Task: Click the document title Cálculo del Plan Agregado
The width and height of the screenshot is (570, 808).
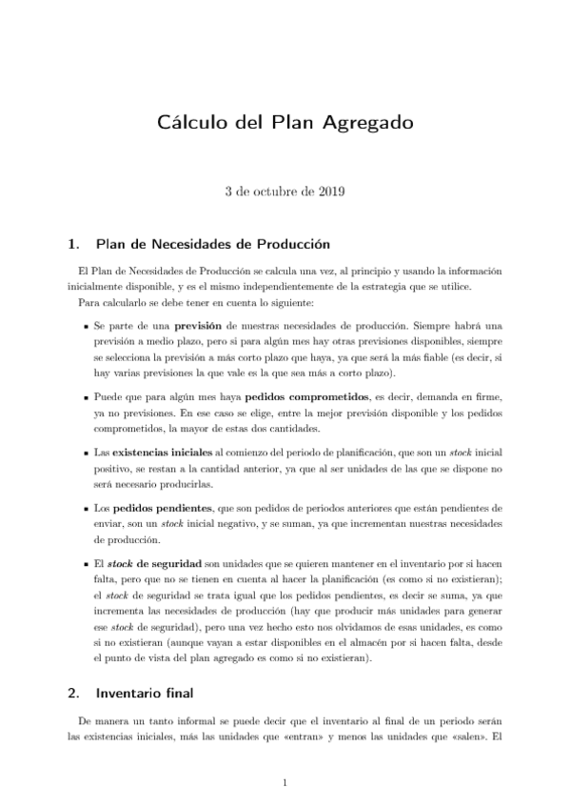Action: coord(285,123)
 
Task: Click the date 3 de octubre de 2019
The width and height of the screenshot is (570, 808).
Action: coord(285,191)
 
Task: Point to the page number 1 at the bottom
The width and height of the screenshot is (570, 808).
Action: coord(285,783)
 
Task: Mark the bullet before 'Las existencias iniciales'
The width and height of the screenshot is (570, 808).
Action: coord(88,449)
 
